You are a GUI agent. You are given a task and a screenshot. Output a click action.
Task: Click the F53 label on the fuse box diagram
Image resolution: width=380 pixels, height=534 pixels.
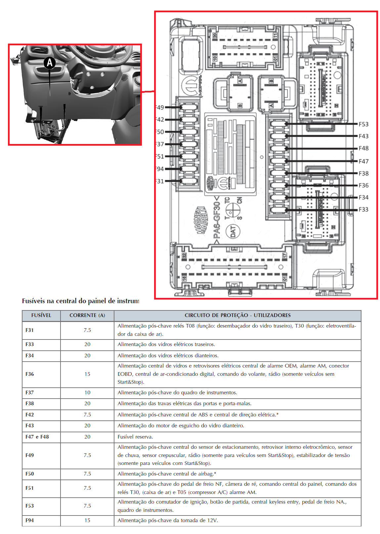click(363, 124)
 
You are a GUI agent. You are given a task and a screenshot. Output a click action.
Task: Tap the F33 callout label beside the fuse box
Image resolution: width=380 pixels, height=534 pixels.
click(363, 209)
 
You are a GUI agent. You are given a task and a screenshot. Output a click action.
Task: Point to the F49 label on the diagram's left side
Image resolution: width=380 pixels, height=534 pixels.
click(160, 107)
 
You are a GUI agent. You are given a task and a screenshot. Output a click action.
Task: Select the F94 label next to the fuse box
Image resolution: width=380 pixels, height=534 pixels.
click(160, 169)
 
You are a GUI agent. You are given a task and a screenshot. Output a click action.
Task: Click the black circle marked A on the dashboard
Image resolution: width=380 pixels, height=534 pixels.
click(50, 62)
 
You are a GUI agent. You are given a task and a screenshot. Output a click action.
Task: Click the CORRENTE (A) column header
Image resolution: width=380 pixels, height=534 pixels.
click(87, 315)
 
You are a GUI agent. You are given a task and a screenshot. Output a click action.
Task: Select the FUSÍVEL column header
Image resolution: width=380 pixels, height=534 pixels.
click(41, 315)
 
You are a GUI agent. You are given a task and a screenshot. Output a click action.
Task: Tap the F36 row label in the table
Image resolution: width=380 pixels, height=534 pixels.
click(30, 374)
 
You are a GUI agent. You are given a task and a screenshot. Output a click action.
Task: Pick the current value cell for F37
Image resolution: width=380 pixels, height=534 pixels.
click(87, 393)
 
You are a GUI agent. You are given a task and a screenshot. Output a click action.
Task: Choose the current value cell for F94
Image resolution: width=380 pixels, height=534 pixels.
click(87, 520)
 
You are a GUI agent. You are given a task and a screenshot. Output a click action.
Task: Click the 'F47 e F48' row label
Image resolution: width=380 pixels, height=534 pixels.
click(37, 437)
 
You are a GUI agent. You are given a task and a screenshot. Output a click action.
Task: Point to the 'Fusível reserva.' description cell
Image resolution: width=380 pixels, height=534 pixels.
click(135, 437)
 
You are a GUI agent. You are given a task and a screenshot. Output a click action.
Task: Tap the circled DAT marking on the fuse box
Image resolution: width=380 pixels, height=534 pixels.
click(233, 231)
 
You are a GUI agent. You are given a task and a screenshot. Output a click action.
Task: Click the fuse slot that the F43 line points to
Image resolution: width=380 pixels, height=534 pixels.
click(278, 136)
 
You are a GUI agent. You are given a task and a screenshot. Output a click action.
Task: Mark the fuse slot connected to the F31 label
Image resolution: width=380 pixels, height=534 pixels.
click(189, 181)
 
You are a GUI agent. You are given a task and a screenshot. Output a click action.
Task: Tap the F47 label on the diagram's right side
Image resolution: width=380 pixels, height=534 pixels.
click(363, 161)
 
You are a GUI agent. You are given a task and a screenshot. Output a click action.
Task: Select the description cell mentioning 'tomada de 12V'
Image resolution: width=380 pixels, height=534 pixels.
click(168, 520)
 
